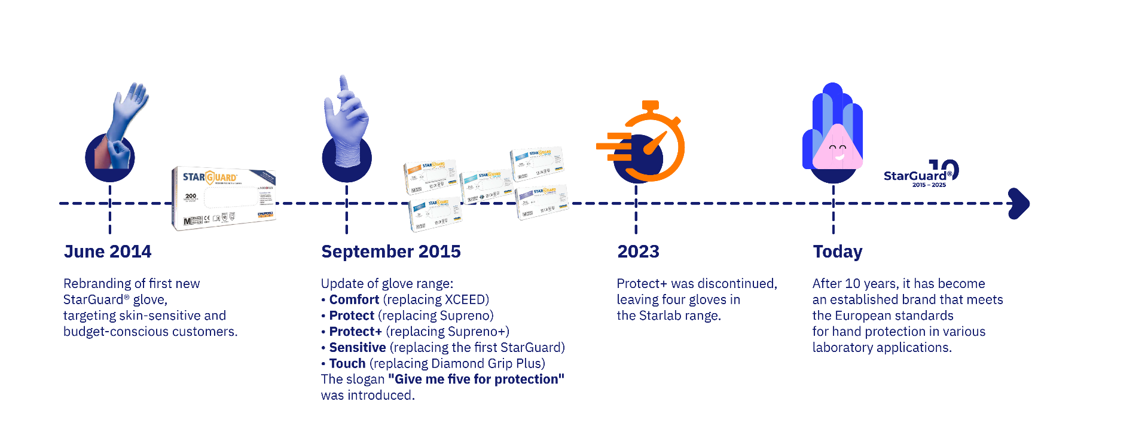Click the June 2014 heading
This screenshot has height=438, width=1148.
(x=108, y=252)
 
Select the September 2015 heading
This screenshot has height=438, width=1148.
(x=390, y=252)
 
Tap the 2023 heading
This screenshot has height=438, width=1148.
(x=638, y=252)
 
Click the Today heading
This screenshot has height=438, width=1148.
(x=837, y=252)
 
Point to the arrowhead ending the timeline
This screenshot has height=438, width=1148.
(x=1019, y=204)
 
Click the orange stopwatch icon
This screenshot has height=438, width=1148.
(x=649, y=143)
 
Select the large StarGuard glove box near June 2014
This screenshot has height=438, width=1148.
(x=224, y=198)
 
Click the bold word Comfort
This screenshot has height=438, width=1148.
(x=354, y=299)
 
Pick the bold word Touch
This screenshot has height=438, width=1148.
(x=347, y=363)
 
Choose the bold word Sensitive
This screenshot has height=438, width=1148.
(x=357, y=347)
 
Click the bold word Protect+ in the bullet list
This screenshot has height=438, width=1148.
(x=355, y=332)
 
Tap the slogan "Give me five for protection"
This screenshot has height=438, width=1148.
(x=476, y=379)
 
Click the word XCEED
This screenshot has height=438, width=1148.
(x=465, y=299)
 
